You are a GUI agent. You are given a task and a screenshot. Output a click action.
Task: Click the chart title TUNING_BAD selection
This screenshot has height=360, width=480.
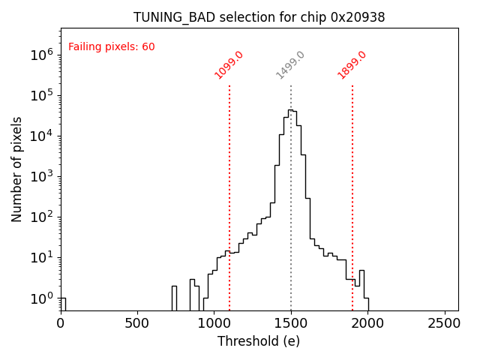pos(259,17)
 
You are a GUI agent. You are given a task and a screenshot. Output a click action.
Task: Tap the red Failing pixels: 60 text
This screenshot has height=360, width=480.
pos(112,46)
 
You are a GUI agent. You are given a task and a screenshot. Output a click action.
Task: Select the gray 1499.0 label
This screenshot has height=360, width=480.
pos(290,64)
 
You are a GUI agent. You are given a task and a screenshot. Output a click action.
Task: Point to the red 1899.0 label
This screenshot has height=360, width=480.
pos(352,64)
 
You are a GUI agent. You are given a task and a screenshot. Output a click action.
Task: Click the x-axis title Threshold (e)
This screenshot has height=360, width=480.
pos(259,341)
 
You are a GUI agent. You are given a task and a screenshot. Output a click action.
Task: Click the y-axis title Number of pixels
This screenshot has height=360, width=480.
pos(17,169)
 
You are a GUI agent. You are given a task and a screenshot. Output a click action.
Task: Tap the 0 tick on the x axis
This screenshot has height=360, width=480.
pos(61,324)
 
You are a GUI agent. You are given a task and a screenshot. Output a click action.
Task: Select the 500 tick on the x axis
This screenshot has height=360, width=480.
pos(137,324)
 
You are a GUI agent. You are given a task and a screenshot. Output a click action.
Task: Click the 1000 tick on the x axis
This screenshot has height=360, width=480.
pos(214,324)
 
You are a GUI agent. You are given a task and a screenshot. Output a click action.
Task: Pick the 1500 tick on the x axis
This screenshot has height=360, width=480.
pos(291,324)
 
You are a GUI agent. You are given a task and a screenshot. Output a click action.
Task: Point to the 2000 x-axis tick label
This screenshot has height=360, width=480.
pos(367,324)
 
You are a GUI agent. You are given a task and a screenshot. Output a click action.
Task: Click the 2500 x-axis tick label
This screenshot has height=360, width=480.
pos(444,324)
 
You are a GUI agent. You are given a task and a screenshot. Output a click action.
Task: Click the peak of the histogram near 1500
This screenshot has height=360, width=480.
pos(291,110)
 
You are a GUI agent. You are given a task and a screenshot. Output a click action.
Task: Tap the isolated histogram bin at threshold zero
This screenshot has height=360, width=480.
pos(63,304)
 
